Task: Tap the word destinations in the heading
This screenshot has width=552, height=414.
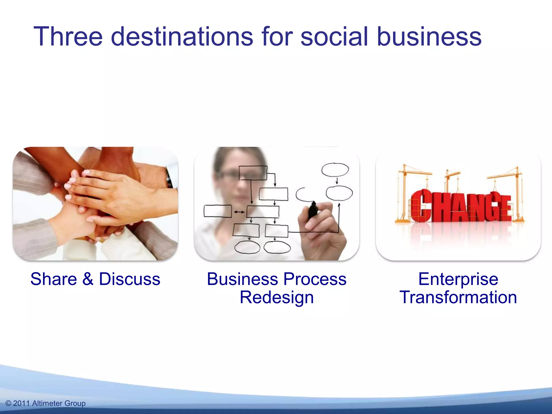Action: pos(182,37)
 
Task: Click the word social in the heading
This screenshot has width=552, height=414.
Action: pos(334,37)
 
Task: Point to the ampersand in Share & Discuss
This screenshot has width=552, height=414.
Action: pos(88,279)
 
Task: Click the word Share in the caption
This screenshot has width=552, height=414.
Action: pos(54,279)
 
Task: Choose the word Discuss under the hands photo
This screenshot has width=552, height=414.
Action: pos(130,279)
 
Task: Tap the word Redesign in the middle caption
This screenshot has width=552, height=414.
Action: pos(277,298)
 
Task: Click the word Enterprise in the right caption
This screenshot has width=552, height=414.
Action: pos(458,279)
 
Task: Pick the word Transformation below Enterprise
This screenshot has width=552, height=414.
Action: pos(458,297)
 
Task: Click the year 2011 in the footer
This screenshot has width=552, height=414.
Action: pos(21,403)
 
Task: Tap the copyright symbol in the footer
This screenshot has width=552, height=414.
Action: pos(8,403)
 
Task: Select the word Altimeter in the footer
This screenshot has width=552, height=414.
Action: pos(47,403)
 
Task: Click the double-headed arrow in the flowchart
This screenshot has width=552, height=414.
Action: pos(239,212)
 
